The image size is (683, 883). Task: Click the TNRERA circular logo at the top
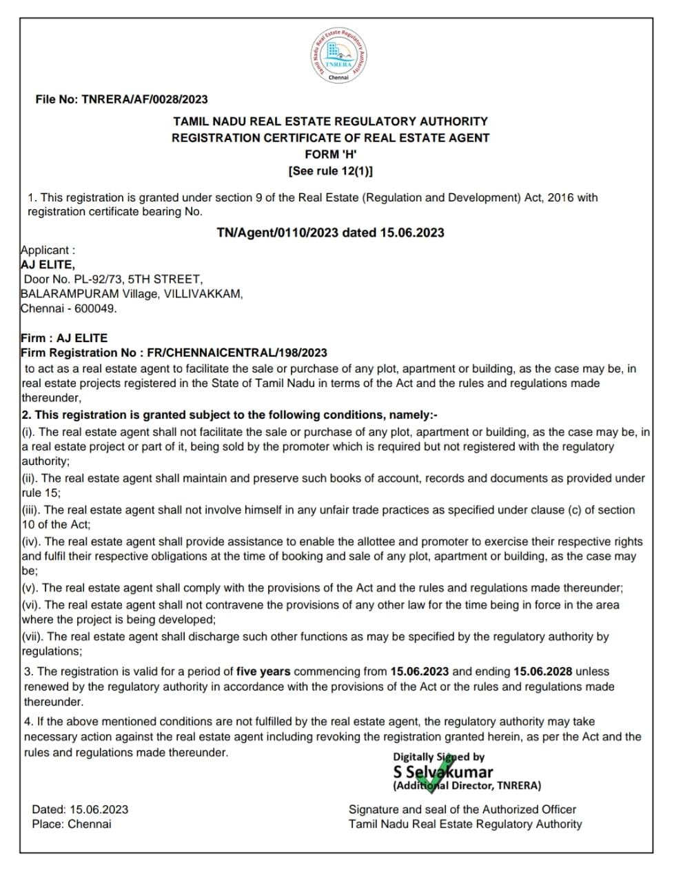338,55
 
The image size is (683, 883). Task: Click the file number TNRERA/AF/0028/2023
144,99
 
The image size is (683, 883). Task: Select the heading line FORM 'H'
331,155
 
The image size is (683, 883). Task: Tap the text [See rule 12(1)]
331,171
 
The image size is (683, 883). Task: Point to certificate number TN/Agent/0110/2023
277,232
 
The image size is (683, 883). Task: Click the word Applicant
45,250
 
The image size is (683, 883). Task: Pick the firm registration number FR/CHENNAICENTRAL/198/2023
238,353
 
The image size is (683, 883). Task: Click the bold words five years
263,671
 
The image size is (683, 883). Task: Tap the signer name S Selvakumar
443,772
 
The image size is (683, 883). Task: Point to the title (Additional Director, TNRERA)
467,786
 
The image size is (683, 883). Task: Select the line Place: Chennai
71,824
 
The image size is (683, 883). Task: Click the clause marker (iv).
31,542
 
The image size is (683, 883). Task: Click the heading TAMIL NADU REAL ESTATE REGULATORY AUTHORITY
331,121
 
